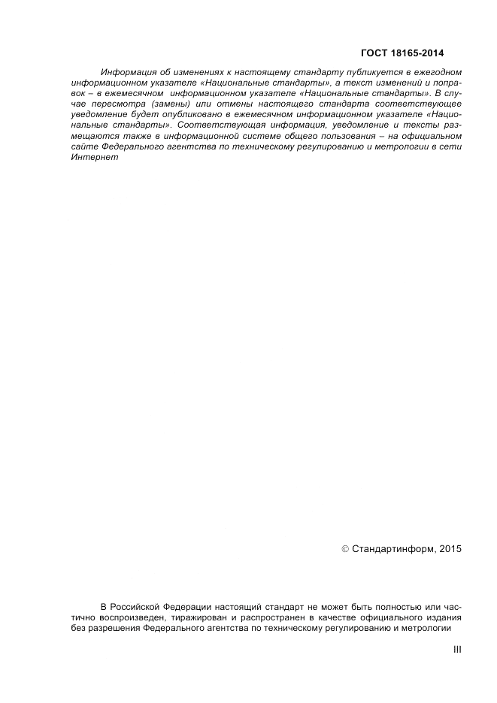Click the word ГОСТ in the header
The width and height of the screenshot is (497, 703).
point(376,53)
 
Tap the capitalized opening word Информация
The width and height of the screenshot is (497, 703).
point(126,72)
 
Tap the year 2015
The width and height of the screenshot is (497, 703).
point(448,549)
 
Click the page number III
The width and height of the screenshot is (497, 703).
point(456,651)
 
